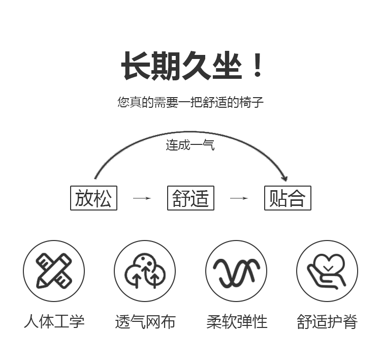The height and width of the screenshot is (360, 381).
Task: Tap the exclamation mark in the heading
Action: (x=258, y=65)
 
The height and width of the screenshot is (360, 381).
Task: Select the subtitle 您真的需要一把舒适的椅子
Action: (x=190, y=102)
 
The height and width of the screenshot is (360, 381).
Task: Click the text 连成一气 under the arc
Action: (x=190, y=145)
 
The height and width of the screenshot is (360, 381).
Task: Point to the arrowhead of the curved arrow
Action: (x=284, y=178)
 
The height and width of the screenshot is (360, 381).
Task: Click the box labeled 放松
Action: (x=93, y=198)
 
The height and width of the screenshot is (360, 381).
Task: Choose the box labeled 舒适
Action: (x=190, y=198)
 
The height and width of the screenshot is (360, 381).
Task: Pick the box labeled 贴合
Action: (x=288, y=198)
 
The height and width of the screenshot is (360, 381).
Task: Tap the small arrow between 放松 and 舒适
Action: (x=142, y=198)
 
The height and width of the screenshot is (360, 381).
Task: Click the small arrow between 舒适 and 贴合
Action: (x=239, y=198)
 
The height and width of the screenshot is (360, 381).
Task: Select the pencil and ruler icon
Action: (x=54, y=271)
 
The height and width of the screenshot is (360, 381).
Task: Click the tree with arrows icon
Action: (x=145, y=271)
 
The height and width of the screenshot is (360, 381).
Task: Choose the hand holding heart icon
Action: (x=327, y=271)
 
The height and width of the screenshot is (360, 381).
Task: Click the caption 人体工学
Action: (x=54, y=321)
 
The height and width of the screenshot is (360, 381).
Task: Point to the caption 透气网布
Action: (x=145, y=321)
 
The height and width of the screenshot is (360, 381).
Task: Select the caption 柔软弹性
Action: (x=236, y=321)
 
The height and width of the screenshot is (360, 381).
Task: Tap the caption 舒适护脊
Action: (x=327, y=321)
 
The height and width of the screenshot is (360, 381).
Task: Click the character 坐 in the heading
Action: (x=225, y=65)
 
